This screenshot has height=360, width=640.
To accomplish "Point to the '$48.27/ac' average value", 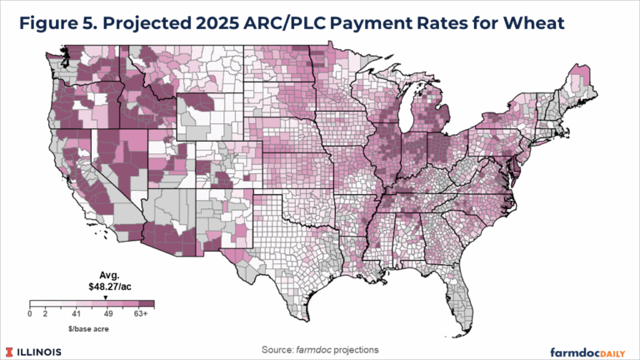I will click(105, 285).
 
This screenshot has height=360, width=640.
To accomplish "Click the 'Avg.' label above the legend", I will click(105, 274).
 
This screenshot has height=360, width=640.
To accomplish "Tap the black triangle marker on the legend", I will click(105, 296).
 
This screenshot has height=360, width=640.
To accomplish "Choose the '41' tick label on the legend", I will click(76, 314).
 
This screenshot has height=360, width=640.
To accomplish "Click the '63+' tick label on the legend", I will click(141, 314).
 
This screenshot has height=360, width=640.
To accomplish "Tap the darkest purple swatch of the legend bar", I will click(146, 304).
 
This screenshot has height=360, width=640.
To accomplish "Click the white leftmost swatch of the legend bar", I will click(37, 304).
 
